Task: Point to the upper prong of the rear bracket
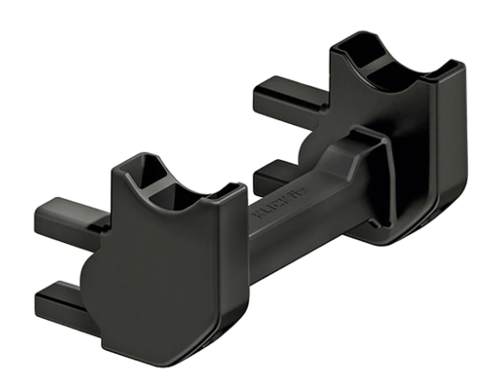pyautogui.click(x=287, y=93)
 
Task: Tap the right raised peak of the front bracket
pyautogui.click(x=230, y=190)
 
